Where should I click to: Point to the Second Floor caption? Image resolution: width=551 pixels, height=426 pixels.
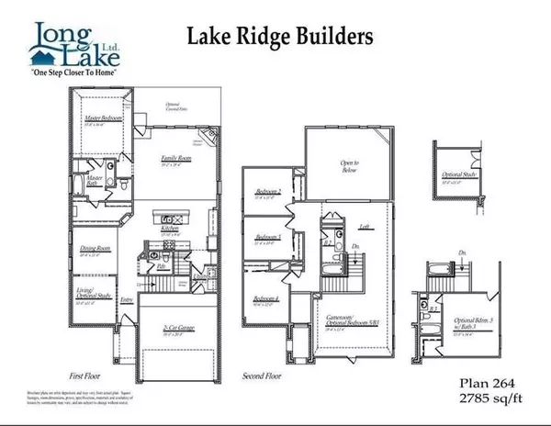260,376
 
